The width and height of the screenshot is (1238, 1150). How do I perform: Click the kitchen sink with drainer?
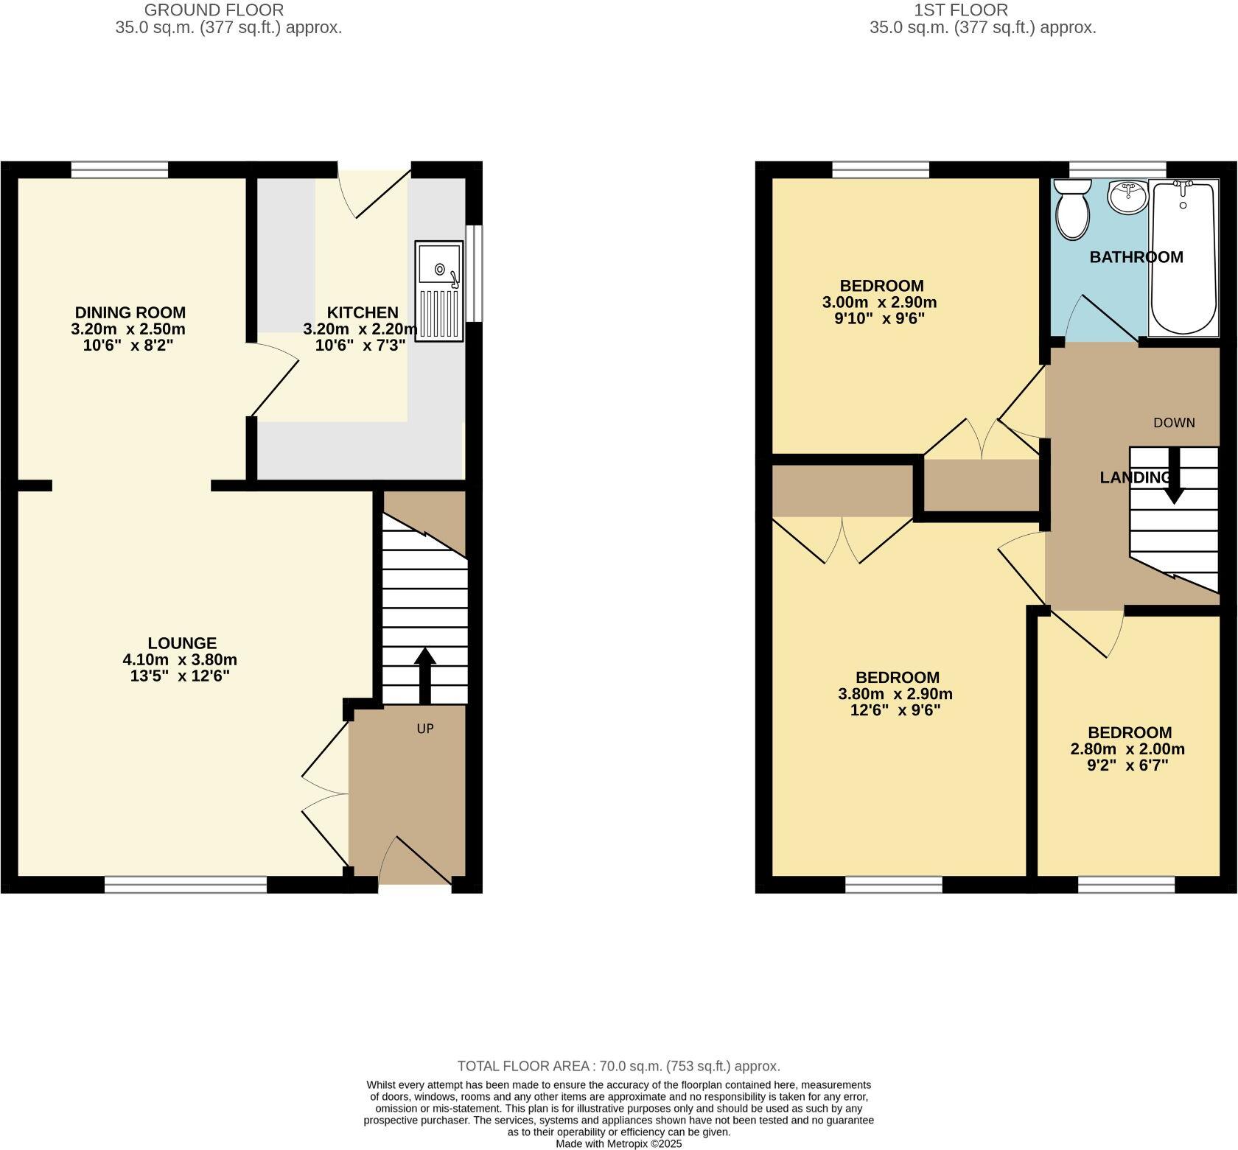439,291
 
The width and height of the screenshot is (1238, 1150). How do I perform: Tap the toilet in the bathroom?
1072,210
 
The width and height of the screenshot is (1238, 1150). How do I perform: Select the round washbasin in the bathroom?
1127,197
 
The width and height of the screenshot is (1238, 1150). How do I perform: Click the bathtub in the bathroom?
1183,258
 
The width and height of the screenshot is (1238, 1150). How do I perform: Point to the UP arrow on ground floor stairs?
425,675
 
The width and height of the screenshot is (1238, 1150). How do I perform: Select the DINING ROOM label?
130,312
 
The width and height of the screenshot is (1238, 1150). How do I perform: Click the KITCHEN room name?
362,312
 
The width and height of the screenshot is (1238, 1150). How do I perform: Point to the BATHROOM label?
1136,257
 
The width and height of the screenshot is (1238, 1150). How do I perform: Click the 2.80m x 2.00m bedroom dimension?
1127,749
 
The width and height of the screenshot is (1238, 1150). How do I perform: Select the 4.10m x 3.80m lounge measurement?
181,660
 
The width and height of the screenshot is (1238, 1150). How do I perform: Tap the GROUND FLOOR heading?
214,10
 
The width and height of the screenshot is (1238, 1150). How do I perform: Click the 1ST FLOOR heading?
961,10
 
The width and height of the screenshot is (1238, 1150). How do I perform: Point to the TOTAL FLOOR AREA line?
618,1066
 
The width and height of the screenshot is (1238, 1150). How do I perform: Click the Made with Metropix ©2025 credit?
618,1144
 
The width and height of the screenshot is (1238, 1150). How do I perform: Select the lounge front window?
186,885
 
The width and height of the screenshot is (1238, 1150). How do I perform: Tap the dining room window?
119,170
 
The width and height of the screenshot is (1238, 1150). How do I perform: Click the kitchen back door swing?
372,193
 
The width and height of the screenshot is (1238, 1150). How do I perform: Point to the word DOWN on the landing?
1174,423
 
